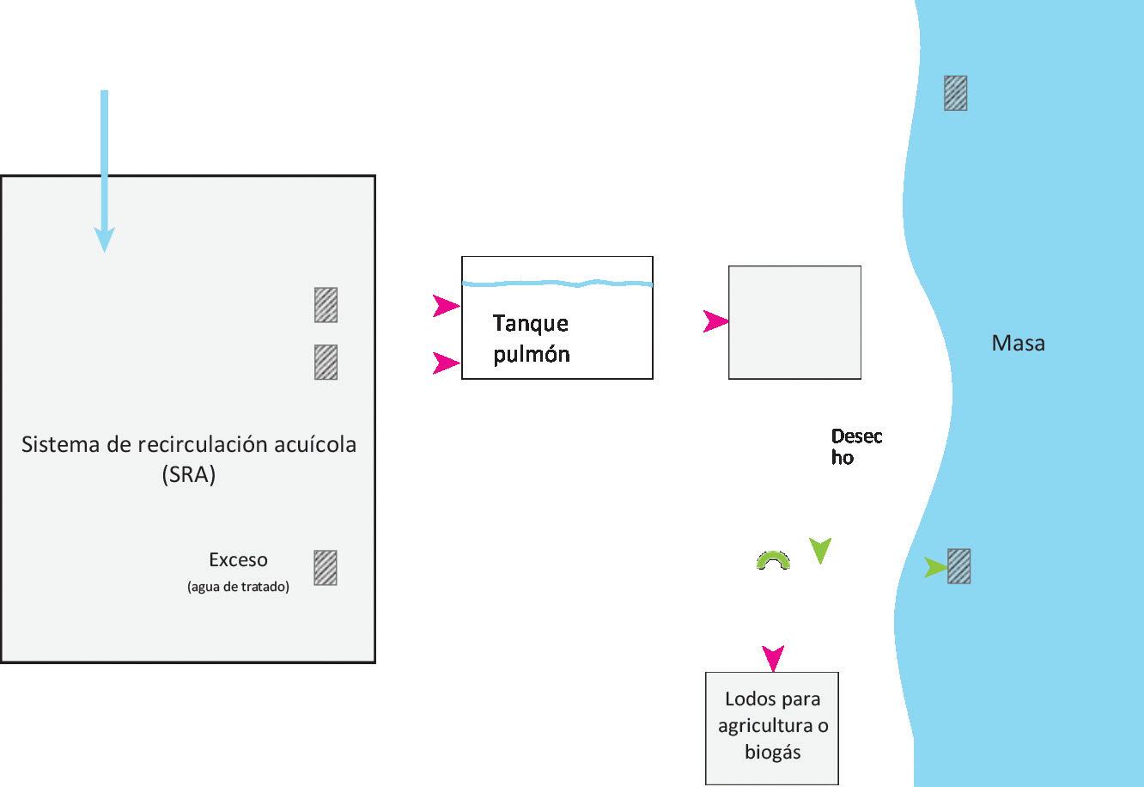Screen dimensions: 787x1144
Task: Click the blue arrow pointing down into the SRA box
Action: [x=105, y=172]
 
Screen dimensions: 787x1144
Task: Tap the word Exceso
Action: [x=238, y=560]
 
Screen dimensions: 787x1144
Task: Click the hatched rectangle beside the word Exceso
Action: [x=326, y=568]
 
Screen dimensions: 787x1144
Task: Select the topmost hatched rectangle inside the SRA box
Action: [x=326, y=305]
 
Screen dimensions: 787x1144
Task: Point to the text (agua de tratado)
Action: [x=238, y=588]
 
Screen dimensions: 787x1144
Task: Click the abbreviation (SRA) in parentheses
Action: [x=188, y=474]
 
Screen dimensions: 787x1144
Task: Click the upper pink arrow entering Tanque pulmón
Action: [x=446, y=306]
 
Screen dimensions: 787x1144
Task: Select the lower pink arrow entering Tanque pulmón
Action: [x=446, y=363]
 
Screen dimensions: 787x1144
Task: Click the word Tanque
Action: [x=531, y=324]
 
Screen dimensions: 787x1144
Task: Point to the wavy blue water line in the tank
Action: [x=557, y=283]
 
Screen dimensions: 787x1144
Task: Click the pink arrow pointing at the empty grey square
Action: [x=715, y=322]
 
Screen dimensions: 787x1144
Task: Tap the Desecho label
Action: [x=855, y=447]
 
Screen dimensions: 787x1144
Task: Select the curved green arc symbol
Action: [x=773, y=560]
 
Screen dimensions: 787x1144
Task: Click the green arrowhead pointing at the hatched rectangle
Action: [x=935, y=568]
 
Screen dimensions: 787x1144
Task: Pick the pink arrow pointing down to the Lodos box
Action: [x=773, y=658]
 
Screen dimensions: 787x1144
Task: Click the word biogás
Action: [x=772, y=752]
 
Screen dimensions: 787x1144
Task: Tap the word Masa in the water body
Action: [x=1019, y=344]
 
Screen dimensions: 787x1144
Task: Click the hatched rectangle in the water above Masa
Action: [x=956, y=93]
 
